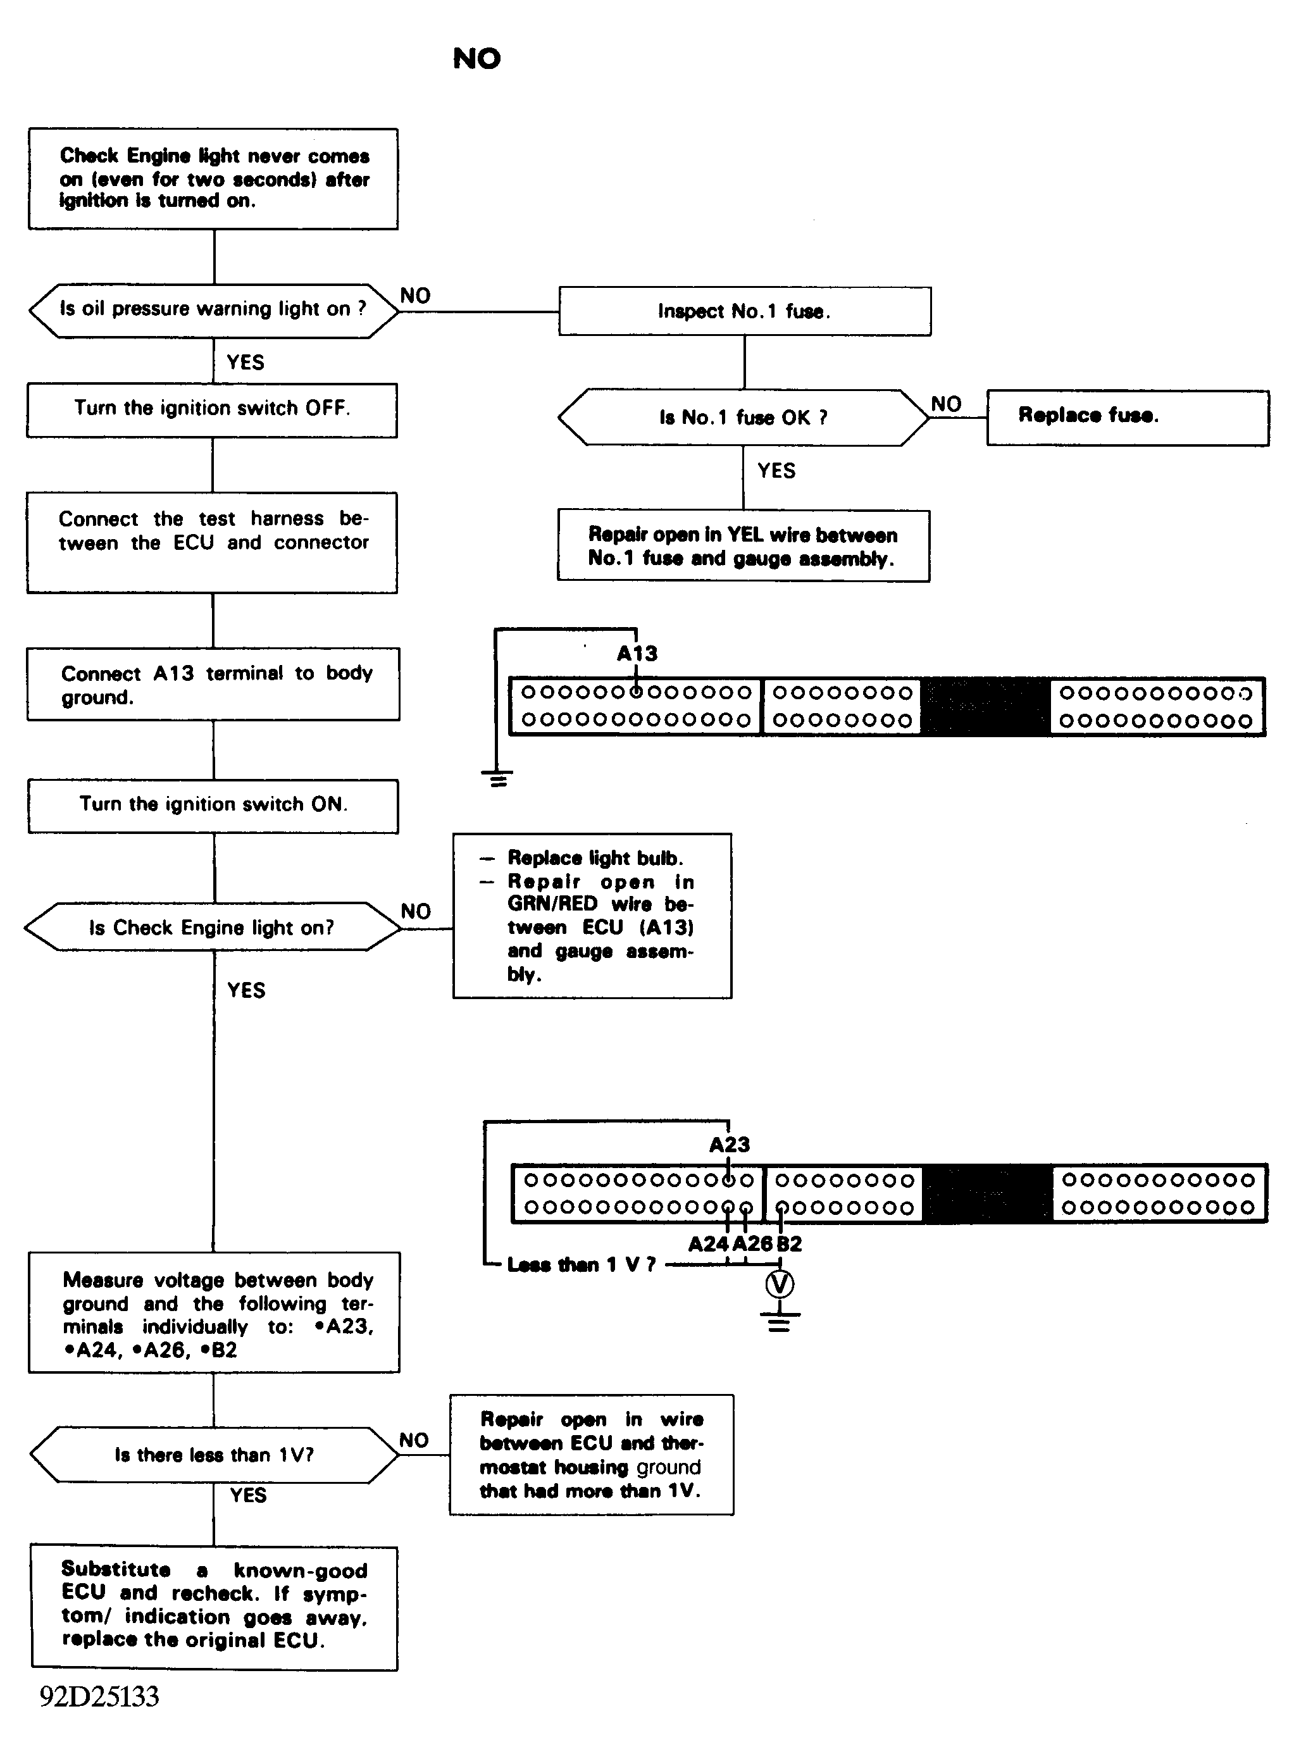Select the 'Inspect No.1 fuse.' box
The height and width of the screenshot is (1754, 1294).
pyautogui.click(x=745, y=311)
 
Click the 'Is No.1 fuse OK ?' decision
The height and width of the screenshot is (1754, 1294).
pyautogui.click(x=743, y=418)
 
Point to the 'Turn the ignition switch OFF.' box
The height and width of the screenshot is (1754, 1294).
pyautogui.click(x=212, y=410)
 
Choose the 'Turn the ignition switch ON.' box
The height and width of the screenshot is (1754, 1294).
pyautogui.click(x=213, y=806)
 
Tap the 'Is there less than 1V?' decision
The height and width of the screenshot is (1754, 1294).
pyautogui.click(x=214, y=1455)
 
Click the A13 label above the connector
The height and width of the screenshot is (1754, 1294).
pyautogui.click(x=637, y=654)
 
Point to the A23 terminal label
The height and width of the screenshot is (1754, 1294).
pyautogui.click(x=729, y=1145)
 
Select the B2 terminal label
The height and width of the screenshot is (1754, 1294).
pyautogui.click(x=789, y=1245)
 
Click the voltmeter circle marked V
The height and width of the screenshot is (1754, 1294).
pyautogui.click(x=780, y=1284)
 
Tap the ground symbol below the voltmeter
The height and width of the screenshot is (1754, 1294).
pyautogui.click(x=780, y=1321)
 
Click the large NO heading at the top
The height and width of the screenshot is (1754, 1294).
pyautogui.click(x=477, y=59)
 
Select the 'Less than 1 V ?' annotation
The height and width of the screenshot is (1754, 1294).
pyautogui.click(x=582, y=1264)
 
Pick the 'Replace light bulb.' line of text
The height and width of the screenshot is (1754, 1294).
pyautogui.click(x=595, y=858)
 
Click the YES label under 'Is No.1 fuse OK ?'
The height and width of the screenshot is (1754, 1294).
pyautogui.click(x=776, y=471)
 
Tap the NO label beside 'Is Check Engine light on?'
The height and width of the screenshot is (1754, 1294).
pyautogui.click(x=416, y=911)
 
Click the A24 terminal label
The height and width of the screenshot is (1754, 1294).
pyautogui.click(x=708, y=1245)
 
